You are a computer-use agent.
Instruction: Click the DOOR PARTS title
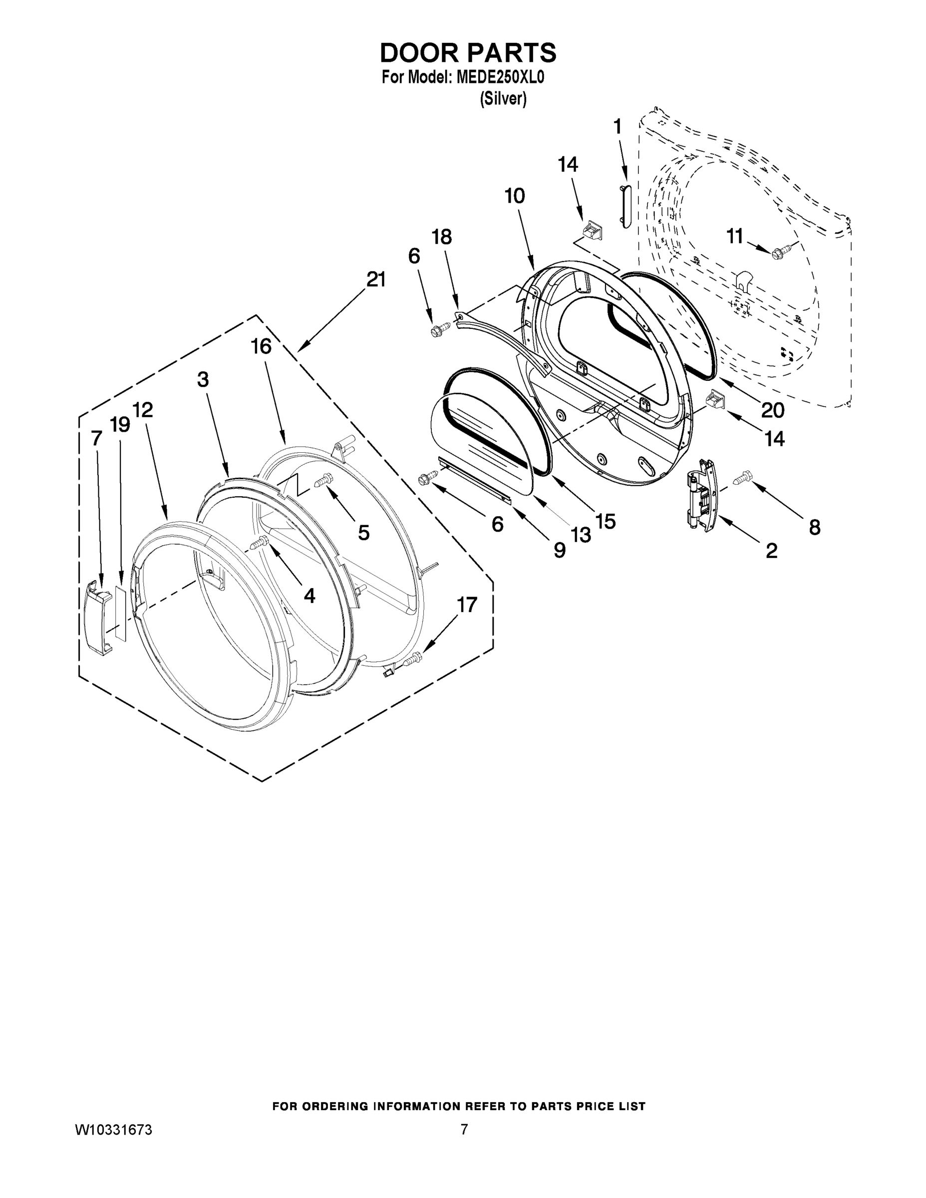[468, 53]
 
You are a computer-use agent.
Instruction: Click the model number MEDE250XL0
[499, 78]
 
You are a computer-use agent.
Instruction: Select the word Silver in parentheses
[503, 99]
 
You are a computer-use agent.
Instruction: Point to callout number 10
[515, 196]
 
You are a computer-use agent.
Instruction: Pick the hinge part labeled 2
[702, 494]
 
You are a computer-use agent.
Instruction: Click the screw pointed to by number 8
[742, 477]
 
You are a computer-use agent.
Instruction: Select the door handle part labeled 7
[99, 620]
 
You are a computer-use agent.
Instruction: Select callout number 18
[442, 237]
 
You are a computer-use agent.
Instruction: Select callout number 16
[261, 346]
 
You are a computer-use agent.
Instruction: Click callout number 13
[581, 534]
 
